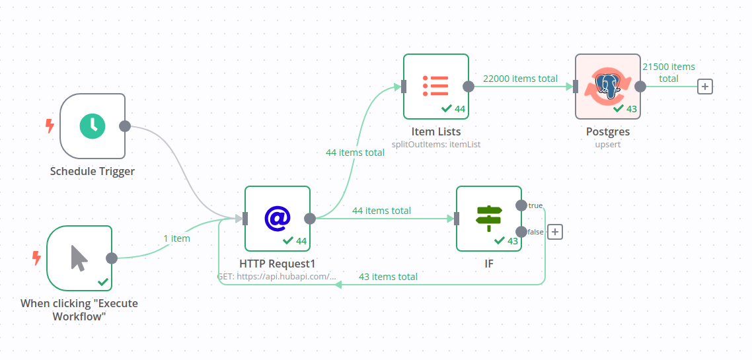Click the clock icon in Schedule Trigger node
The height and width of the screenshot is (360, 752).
pyautogui.click(x=93, y=126)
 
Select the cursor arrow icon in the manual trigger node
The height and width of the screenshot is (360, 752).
pyautogui.click(x=79, y=258)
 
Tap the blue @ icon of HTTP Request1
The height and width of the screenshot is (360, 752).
pyautogui.click(x=278, y=218)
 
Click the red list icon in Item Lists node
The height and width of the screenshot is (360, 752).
pyautogui.click(x=435, y=86)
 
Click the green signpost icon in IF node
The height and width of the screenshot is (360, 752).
pyautogui.click(x=489, y=218)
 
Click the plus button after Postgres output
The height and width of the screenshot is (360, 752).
pyautogui.click(x=705, y=87)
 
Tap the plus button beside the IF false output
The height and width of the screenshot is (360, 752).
pyautogui.click(x=555, y=232)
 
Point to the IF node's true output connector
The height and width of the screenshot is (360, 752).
pyautogui.click(x=521, y=205)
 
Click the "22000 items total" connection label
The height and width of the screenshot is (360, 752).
pyautogui.click(x=520, y=79)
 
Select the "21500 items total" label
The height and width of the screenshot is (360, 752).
pyautogui.click(x=669, y=73)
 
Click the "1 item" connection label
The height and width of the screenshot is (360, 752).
pyautogui.click(x=176, y=238)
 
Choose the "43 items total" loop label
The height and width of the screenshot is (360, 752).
pyautogui.click(x=388, y=277)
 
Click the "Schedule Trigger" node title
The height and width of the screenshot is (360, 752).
pyautogui.click(x=93, y=171)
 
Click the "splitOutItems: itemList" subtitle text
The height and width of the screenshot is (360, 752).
pyautogui.click(x=436, y=143)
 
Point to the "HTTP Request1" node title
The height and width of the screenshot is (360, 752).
pyautogui.click(x=278, y=264)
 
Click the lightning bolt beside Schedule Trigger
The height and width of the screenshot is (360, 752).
pyautogui.click(x=50, y=126)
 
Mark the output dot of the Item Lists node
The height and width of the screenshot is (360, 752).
pyautogui.click(x=469, y=87)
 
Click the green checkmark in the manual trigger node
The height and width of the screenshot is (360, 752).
pyautogui.click(x=103, y=282)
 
